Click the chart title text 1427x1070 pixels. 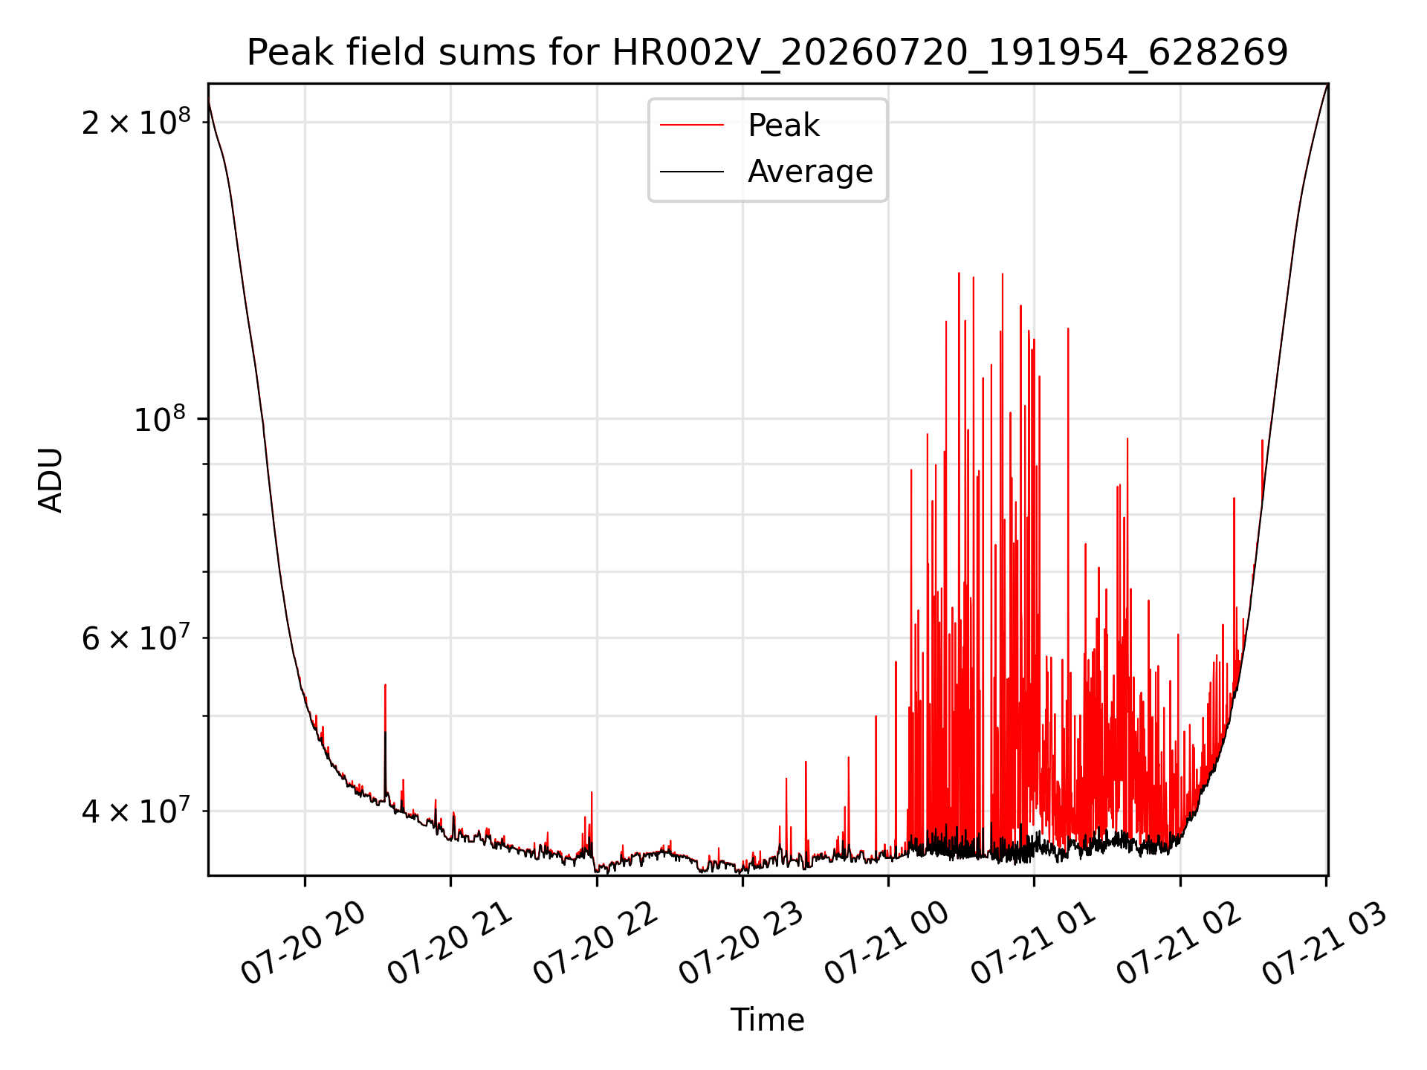(x=767, y=53)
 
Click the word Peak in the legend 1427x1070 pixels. (x=783, y=126)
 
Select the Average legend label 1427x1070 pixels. (x=810, y=172)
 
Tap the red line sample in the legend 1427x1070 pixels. (x=692, y=126)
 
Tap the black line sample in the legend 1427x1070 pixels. (x=692, y=172)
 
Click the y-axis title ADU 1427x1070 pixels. (x=51, y=480)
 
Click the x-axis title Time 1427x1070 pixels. (x=767, y=1020)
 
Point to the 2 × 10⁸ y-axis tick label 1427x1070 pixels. (x=136, y=121)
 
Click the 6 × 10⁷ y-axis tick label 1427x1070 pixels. (x=136, y=637)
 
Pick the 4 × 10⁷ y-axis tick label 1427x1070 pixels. (x=136, y=810)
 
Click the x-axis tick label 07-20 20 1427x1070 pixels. (x=304, y=944)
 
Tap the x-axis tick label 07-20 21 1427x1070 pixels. (x=450, y=944)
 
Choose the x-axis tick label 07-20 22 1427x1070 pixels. (x=596, y=944)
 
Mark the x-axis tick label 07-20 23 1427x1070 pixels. (x=742, y=944)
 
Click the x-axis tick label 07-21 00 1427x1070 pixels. (x=887, y=944)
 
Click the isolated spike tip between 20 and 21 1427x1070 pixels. (x=385, y=685)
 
